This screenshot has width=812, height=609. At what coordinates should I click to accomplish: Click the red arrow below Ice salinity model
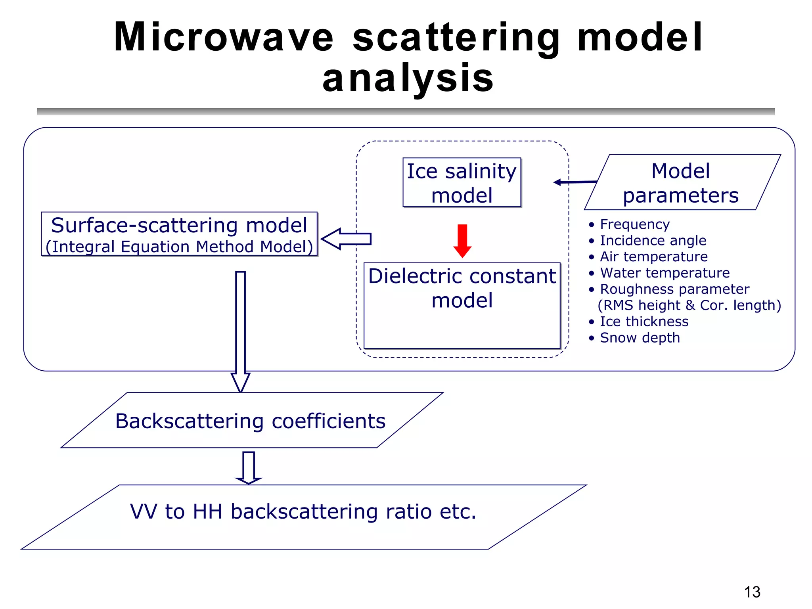(462, 240)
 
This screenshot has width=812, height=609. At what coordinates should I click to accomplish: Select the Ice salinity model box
(462, 183)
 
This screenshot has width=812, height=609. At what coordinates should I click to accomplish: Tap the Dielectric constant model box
(462, 305)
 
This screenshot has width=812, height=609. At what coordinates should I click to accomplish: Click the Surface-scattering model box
(179, 234)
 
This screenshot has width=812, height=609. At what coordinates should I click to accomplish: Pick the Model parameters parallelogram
(682, 183)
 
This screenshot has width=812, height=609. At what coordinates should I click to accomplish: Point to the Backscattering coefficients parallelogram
(251, 421)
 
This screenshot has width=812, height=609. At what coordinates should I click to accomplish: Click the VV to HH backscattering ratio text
(303, 511)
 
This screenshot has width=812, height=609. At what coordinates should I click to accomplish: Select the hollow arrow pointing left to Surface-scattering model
(346, 239)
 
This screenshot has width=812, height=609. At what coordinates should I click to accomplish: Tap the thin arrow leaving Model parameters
(575, 182)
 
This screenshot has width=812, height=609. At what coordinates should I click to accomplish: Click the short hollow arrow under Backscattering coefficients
(249, 467)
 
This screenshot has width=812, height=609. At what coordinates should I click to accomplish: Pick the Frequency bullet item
(634, 224)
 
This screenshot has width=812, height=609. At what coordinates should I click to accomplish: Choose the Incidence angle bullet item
(653, 241)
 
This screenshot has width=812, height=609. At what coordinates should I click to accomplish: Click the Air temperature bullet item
(653, 257)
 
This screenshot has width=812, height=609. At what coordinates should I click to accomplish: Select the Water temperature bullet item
(665, 273)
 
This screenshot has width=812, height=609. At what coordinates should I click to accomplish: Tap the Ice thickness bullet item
(644, 322)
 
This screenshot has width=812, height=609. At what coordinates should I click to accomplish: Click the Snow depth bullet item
(640, 338)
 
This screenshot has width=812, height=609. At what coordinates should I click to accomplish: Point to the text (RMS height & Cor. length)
(689, 305)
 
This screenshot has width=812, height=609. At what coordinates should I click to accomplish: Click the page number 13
(752, 592)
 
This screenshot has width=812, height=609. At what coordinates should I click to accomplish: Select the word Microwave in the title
(224, 37)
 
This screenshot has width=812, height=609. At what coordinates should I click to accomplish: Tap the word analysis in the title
(408, 78)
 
